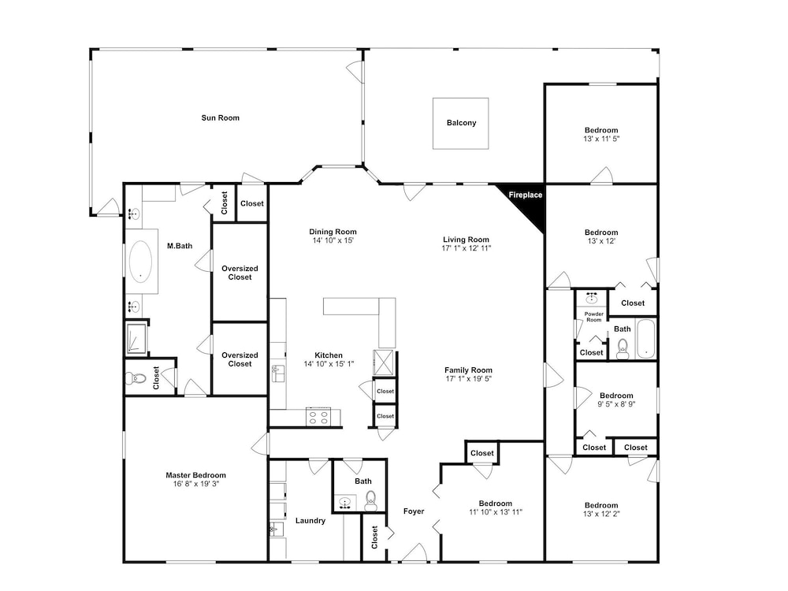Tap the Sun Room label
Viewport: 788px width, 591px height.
pyautogui.click(x=220, y=118)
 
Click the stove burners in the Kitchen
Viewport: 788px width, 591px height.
pyautogui.click(x=318, y=418)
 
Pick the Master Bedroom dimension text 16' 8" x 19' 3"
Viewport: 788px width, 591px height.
pyautogui.click(x=195, y=484)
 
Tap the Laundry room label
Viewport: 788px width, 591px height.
pyautogui.click(x=310, y=521)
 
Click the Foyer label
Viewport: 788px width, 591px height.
pyautogui.click(x=414, y=511)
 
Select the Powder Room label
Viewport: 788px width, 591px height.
pyautogui.click(x=593, y=317)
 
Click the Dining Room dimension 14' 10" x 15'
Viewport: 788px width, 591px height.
pyautogui.click(x=333, y=240)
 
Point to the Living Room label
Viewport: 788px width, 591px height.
pyautogui.click(x=466, y=240)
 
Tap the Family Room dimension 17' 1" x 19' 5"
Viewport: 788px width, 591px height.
pyautogui.click(x=468, y=379)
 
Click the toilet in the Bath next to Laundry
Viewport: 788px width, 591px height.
pyautogui.click(x=370, y=500)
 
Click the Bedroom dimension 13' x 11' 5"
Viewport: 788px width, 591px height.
pyautogui.click(x=601, y=139)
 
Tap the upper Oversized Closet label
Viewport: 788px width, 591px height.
pyautogui.click(x=240, y=273)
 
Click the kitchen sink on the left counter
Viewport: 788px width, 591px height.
pyautogui.click(x=277, y=374)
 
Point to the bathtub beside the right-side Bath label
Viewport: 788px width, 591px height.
pyautogui.click(x=645, y=339)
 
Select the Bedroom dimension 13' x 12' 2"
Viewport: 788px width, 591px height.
pyautogui.click(x=601, y=514)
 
